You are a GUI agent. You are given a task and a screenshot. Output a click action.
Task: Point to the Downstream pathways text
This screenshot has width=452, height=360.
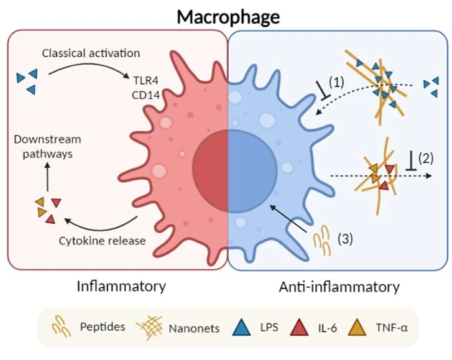(49, 147)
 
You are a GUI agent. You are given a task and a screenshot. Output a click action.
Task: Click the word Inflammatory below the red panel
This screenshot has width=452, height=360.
(121, 287)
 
